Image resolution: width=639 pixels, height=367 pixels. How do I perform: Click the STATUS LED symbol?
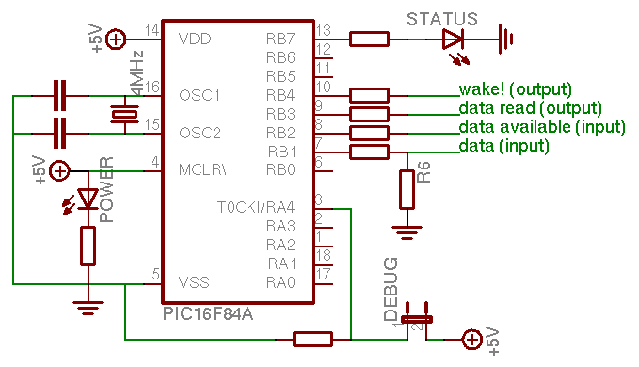453,39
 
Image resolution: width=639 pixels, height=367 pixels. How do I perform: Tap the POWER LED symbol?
88,199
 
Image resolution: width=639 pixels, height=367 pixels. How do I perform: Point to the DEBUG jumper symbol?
416,319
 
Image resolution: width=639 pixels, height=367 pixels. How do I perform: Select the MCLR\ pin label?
201,170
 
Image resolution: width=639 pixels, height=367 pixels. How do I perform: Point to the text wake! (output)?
515,90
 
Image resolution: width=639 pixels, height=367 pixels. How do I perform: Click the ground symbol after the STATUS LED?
508,39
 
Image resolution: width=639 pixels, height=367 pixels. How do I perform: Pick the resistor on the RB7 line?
369,39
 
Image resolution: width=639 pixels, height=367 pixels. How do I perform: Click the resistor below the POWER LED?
88,247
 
